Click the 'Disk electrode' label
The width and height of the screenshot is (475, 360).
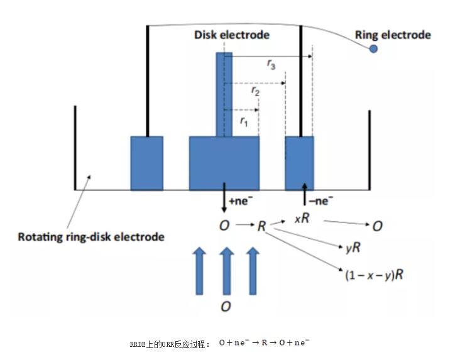pos(231,35)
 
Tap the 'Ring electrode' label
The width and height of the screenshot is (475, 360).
pos(393,35)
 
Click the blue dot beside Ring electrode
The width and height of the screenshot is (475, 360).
pos(373,48)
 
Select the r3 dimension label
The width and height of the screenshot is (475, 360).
pos(271,64)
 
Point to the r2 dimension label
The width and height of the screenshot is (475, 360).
pos(256,91)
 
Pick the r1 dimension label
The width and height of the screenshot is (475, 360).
pos(244,121)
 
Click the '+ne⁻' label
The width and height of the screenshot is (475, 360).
pos(242,202)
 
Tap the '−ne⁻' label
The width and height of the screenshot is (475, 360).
pos(321,201)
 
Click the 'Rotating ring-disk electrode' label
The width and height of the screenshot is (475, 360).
pos(90,237)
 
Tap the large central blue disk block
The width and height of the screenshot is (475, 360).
pos(224,163)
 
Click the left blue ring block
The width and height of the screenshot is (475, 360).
pos(146,163)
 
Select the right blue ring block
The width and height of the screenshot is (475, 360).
pos(299,163)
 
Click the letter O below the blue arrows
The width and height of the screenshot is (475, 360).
pos(225,306)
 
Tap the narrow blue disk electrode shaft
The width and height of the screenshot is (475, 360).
pos(224,94)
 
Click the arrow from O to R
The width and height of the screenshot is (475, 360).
pos(242,225)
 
